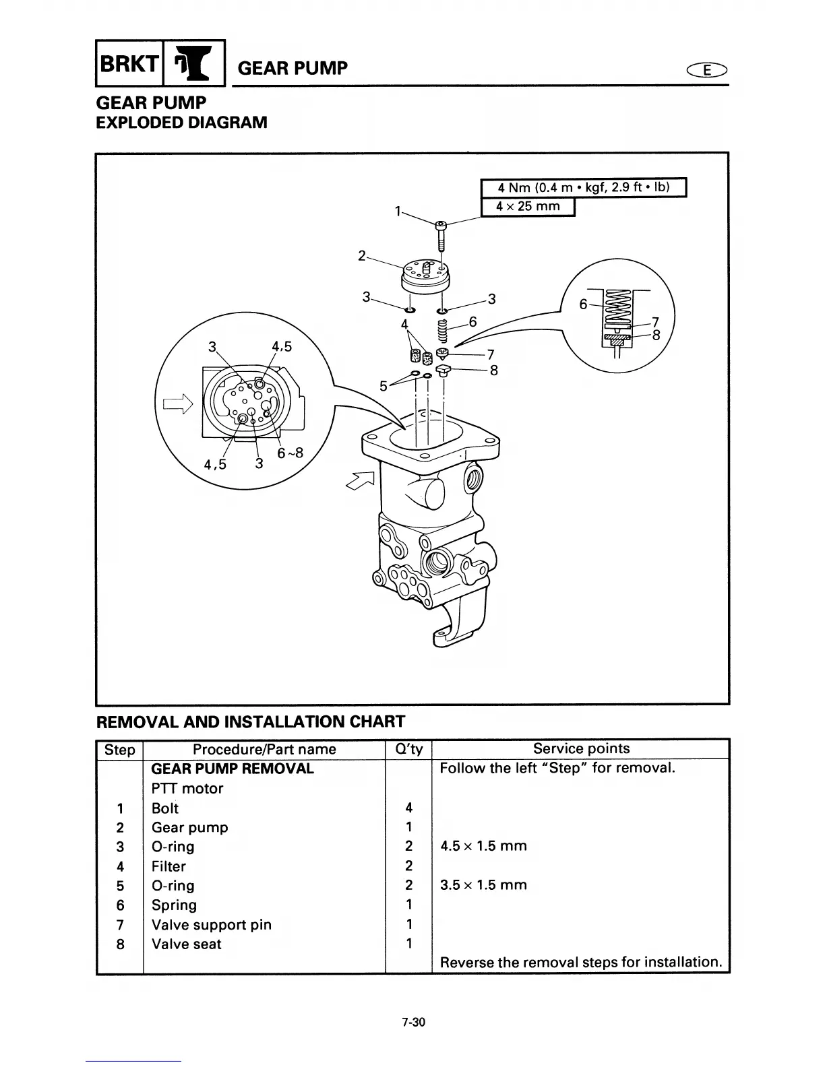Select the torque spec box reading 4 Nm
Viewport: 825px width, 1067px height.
tap(583, 187)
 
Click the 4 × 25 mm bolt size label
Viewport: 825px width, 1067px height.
tap(528, 207)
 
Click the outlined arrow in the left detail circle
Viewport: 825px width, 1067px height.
tap(177, 404)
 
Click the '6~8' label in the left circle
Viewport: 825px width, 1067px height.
tap(290, 453)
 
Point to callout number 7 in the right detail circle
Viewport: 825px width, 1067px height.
tap(654, 321)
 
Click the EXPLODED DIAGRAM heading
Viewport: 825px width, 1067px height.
tap(182, 123)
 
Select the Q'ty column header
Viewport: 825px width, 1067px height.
tap(408, 749)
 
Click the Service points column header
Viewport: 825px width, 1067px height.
tap(581, 748)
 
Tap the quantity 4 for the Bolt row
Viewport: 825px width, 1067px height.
tap(408, 808)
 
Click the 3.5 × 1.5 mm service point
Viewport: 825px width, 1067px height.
tap(483, 885)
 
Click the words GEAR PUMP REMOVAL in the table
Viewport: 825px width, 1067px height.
tap(233, 769)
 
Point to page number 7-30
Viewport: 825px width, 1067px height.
tap(413, 1023)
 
